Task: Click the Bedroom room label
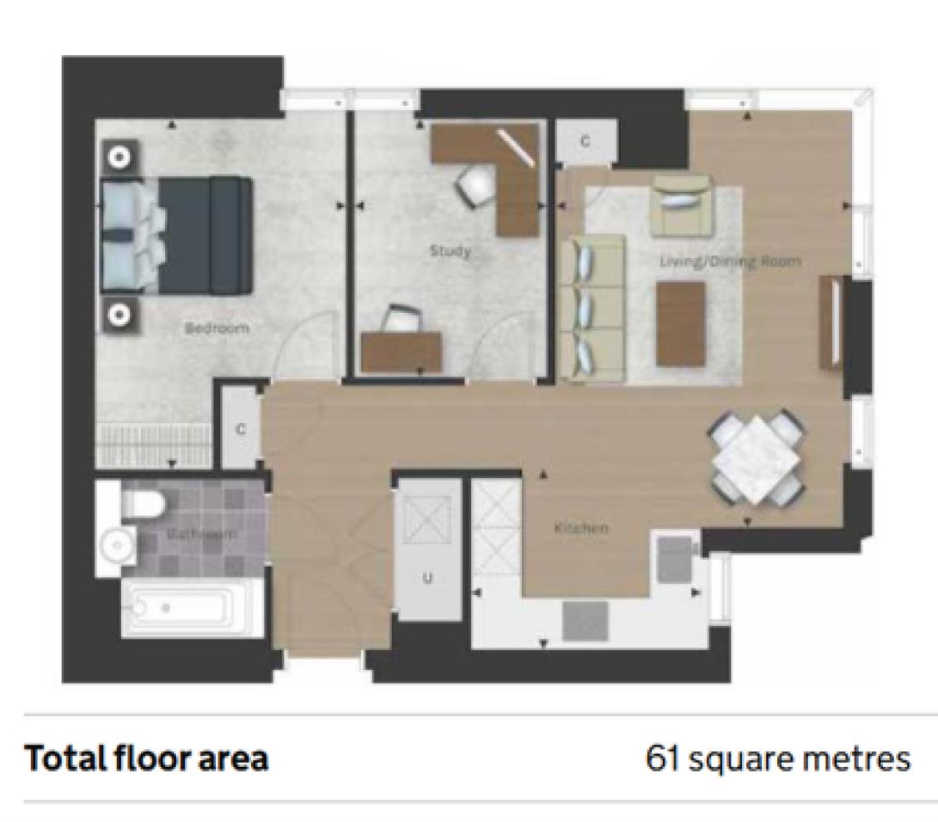point(216,328)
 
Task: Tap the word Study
point(449,250)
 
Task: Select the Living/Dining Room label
point(730,261)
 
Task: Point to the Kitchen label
point(580,528)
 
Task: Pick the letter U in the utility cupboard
point(427,578)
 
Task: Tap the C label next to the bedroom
point(240,430)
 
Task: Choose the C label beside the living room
point(585,142)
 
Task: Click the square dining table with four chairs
point(757,460)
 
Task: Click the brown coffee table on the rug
point(680,324)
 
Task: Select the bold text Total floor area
point(147,759)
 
